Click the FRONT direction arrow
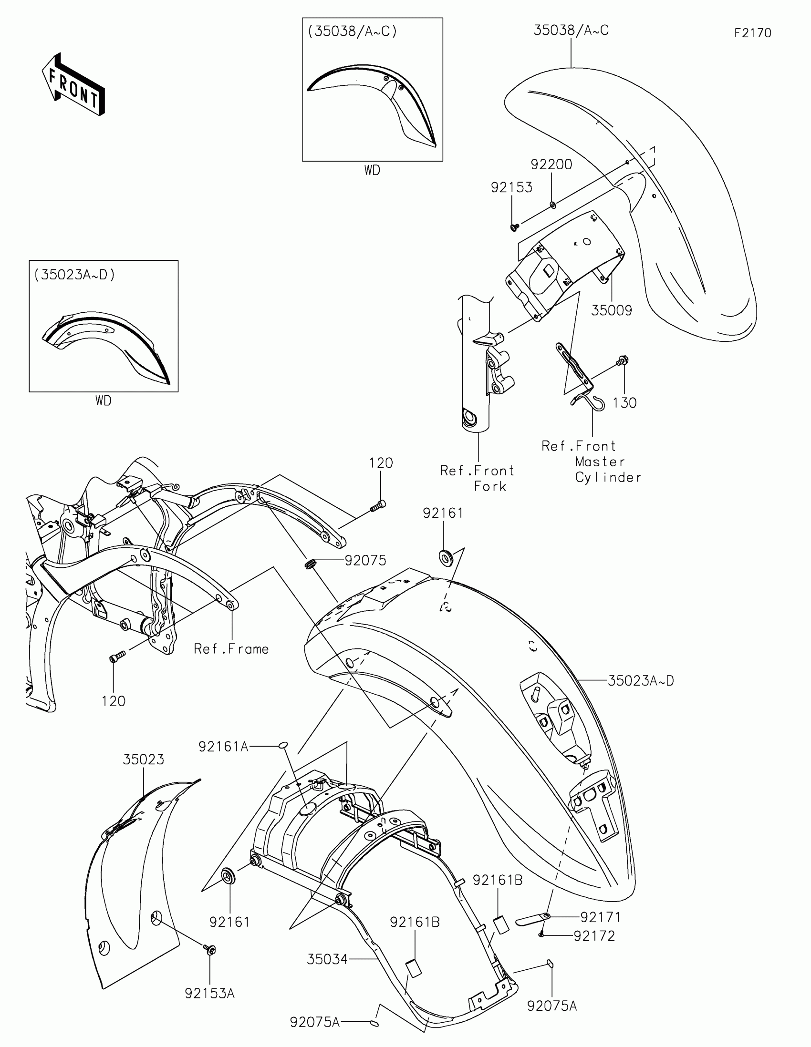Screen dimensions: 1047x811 pos(73,84)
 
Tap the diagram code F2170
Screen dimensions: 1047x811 pos(752,33)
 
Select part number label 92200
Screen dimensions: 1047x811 pos(551,164)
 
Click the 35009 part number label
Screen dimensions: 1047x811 pos(611,311)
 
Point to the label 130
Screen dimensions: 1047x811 pos(624,403)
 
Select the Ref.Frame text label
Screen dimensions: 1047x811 pos(231,649)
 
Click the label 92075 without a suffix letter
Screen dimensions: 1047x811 pos(365,560)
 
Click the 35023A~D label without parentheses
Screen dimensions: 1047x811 pos(641,681)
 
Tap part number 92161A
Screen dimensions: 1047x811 pos(223,747)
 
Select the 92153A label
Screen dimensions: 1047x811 pos(209,994)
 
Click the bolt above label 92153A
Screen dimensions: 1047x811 pos(209,949)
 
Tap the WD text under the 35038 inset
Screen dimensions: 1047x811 pos(372,171)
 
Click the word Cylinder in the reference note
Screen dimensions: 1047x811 pos(608,477)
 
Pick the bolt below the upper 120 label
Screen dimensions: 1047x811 pos(378,505)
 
